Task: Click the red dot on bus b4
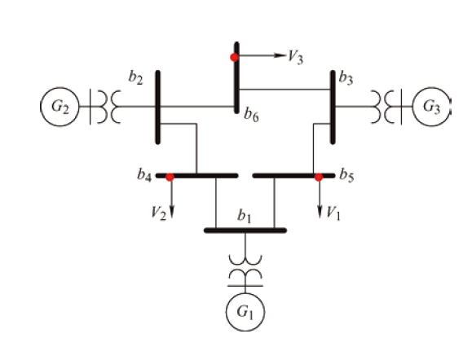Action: pos(170,177)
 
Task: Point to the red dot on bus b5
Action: pos(319,177)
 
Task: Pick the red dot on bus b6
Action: pos(234,57)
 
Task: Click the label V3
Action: pos(295,57)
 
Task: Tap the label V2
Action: pos(159,213)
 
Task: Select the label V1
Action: pos(333,213)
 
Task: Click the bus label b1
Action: pos(244,216)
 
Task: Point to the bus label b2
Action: pos(135,77)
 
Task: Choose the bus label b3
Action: pos(346,78)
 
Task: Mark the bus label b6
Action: pos(251,115)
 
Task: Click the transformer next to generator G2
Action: pos(105,107)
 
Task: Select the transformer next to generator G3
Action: pos(386,107)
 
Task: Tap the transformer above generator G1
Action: pos(245,270)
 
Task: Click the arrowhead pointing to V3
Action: pos(280,55)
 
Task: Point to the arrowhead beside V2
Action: pos(171,212)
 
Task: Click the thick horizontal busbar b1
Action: pos(245,230)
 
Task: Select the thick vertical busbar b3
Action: pos(333,108)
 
